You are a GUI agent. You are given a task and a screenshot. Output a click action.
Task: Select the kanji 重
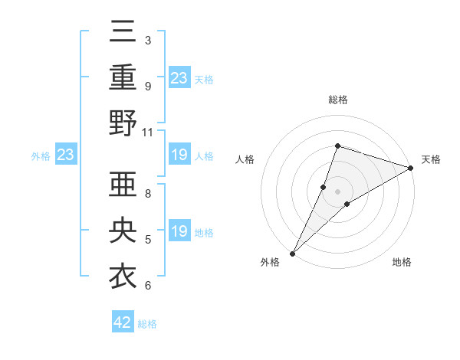(x=123, y=79)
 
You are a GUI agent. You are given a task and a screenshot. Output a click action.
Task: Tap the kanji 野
(x=123, y=123)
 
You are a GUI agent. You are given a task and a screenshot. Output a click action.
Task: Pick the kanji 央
(x=123, y=231)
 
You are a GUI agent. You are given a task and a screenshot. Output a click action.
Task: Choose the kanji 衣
(x=123, y=277)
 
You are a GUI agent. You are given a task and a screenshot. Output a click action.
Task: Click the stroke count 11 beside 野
(x=148, y=132)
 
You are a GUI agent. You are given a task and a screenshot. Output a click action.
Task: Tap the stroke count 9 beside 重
(x=148, y=87)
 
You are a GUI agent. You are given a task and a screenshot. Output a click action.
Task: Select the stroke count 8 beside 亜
(x=148, y=193)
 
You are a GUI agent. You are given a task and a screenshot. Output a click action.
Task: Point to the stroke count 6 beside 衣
(x=148, y=286)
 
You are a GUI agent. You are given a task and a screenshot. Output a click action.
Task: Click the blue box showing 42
(x=122, y=322)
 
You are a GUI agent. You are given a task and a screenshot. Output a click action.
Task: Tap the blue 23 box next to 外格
(x=65, y=155)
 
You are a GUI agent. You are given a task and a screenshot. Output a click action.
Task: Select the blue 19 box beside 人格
(x=179, y=155)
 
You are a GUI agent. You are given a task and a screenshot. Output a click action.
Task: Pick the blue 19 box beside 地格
(x=179, y=231)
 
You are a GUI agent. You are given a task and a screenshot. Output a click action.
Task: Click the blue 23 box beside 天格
(x=179, y=77)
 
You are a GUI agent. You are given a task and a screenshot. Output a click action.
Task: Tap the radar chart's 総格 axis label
(x=337, y=100)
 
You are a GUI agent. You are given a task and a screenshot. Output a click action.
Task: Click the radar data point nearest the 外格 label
(x=292, y=253)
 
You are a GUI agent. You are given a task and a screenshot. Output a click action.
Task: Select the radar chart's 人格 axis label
(x=245, y=159)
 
